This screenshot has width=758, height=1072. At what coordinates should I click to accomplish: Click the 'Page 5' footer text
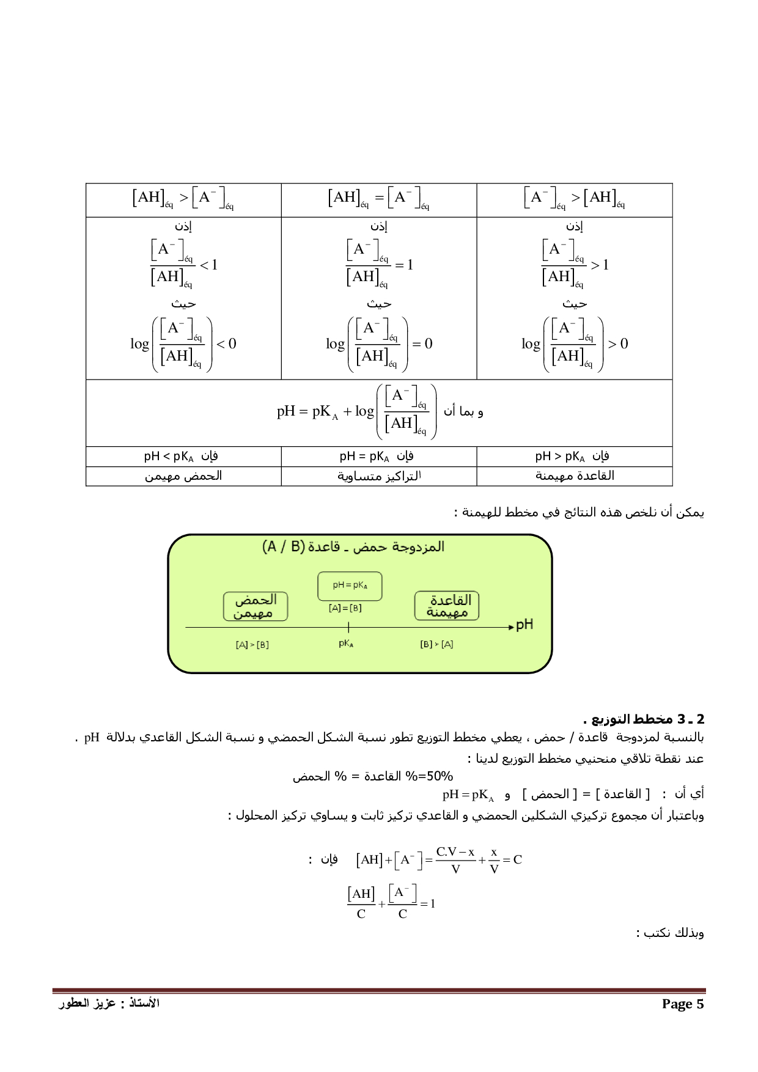click(682, 1004)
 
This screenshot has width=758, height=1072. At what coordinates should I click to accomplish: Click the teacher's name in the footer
click(109, 1003)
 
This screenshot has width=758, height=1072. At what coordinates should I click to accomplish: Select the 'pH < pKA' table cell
click(182, 457)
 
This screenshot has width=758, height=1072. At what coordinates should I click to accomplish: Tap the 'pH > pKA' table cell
click(573, 457)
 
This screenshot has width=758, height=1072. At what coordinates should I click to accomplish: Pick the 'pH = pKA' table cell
click(377, 457)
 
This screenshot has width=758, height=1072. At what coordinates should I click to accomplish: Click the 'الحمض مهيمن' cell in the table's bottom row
click(183, 475)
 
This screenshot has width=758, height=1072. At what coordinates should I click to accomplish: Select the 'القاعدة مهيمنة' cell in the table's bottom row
click(575, 475)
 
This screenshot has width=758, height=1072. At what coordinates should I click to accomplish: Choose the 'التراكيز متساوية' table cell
click(378, 475)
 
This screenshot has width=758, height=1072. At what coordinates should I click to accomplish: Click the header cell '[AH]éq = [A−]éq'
click(378, 198)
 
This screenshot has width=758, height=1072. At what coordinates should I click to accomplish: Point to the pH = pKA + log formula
click(357, 411)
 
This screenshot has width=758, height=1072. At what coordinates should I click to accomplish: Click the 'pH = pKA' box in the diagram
click(350, 586)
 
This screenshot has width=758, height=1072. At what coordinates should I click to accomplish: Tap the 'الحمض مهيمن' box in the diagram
click(256, 606)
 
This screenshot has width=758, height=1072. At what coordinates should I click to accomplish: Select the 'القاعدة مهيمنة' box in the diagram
click(447, 606)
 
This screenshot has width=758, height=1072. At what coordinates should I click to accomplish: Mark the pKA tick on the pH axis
click(348, 627)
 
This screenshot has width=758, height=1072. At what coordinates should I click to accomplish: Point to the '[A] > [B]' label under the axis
click(252, 645)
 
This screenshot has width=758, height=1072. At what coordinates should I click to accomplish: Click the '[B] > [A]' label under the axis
click(436, 644)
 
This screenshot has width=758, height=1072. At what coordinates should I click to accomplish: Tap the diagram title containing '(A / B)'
click(353, 546)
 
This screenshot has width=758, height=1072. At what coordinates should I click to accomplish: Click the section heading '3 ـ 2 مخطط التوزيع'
click(644, 719)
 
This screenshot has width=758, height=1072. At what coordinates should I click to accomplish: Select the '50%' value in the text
click(440, 776)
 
